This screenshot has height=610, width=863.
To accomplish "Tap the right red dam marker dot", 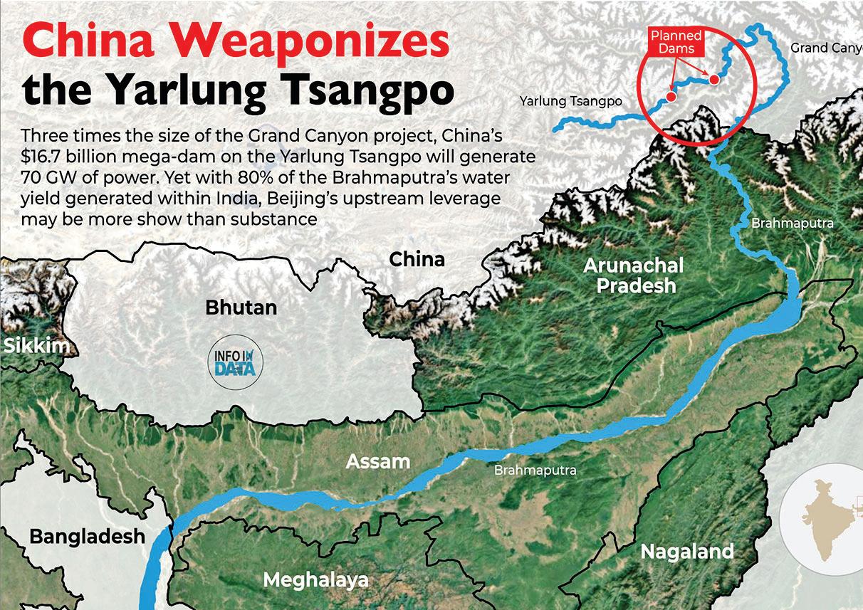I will pos(713,79).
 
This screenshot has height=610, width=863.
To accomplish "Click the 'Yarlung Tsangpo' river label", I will pos(570,102).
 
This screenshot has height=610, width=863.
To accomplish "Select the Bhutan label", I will pos(241,308).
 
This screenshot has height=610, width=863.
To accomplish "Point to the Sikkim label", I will pos(37,347).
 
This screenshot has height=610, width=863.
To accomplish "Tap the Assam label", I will pos(377,461).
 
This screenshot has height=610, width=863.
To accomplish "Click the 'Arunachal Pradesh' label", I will pos(633,275).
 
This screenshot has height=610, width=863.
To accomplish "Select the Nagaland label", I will pos(686,552).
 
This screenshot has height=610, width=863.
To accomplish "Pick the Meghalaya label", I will pos(315,579).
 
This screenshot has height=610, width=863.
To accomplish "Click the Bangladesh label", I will pos(87,536).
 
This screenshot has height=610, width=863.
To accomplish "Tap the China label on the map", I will pos(417,259).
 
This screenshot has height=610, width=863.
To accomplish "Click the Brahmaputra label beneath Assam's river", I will pos(535,470).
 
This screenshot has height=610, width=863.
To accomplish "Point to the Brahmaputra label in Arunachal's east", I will pos(792,224).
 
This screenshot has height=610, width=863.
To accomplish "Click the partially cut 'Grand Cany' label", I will pos(826,48).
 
